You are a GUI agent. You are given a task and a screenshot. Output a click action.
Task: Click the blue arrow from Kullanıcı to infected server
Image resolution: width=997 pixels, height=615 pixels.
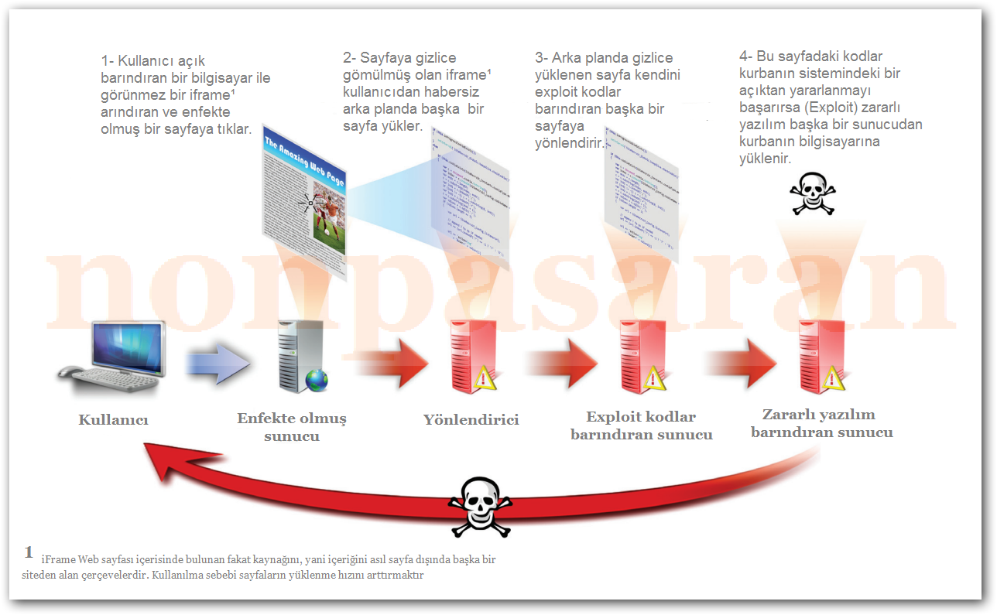218,362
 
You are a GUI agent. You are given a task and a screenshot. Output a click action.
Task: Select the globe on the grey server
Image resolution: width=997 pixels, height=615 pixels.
317,379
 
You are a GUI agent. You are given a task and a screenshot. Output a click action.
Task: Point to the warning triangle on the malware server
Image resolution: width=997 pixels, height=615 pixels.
833,378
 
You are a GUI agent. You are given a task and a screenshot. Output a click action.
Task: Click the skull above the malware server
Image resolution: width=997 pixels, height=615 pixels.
812,194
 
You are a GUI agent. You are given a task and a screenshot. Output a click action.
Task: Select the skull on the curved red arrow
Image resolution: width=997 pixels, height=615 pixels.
480,506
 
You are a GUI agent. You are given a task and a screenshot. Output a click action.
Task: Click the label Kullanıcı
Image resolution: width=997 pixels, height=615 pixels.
113,420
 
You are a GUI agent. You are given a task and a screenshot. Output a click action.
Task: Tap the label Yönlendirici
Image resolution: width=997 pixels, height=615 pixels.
471,420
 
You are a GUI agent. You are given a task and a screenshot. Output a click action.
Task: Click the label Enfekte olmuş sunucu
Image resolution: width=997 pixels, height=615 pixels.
292,427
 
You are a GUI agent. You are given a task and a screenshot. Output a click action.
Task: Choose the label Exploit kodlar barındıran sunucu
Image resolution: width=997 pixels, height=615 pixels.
642,425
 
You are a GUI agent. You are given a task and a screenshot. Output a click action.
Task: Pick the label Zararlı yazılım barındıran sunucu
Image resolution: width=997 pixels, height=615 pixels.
822,423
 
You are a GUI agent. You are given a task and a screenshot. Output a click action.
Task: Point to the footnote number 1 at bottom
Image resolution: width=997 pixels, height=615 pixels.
29,552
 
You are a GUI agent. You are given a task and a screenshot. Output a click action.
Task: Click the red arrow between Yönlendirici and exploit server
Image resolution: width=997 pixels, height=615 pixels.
561,361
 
